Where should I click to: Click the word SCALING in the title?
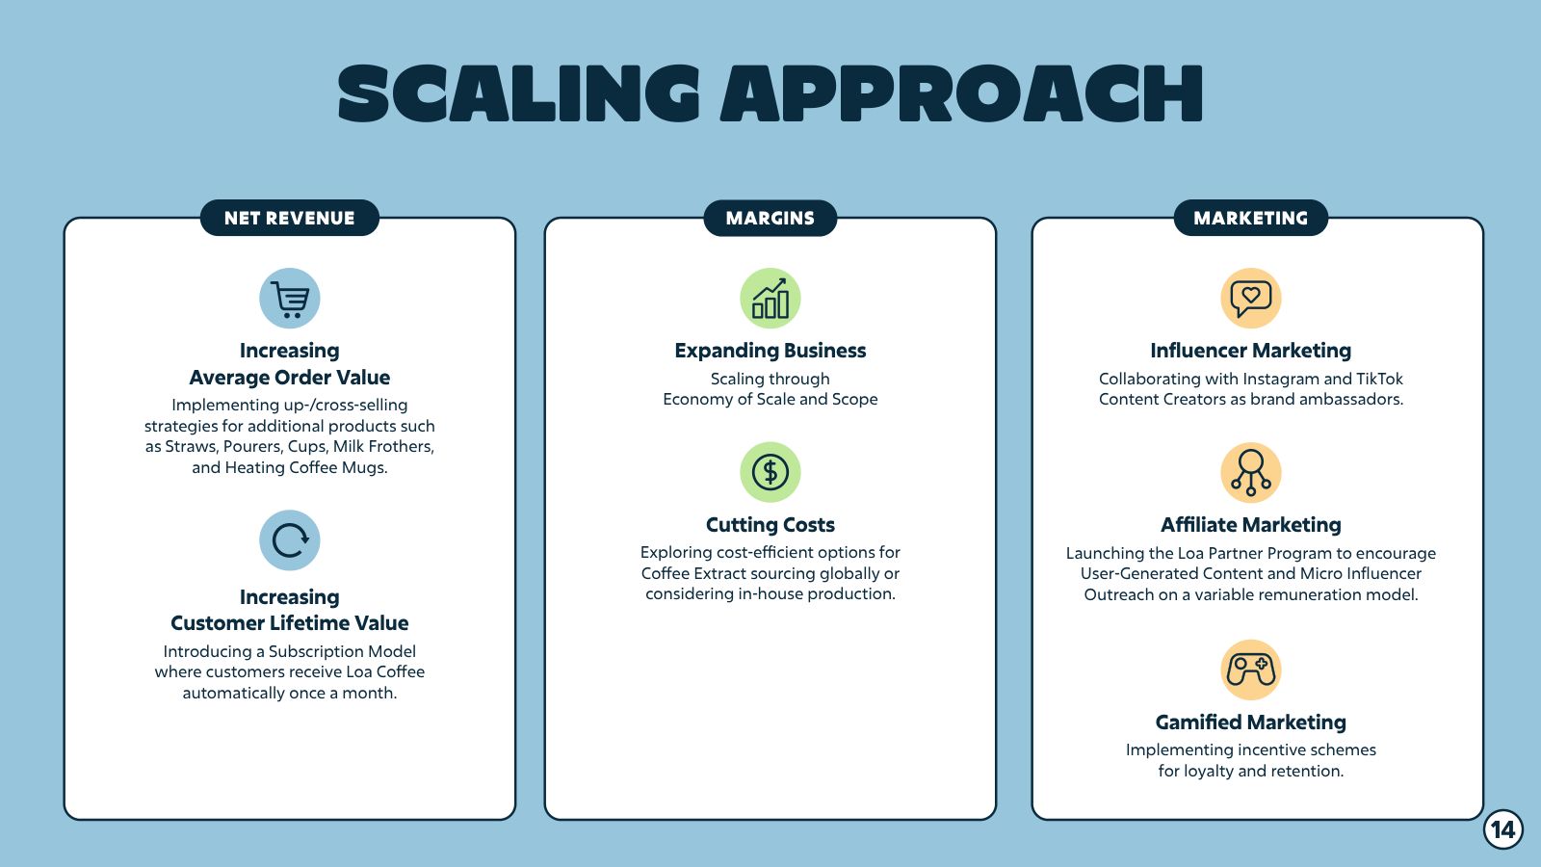519,93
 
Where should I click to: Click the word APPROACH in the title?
962,93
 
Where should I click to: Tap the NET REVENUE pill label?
290,218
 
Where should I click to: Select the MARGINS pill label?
770,218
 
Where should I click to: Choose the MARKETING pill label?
1251,218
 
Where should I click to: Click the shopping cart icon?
290,299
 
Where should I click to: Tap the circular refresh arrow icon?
290,540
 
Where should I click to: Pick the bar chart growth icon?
770,299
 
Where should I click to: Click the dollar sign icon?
770,472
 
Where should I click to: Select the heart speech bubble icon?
1251,299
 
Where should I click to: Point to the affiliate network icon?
1251,473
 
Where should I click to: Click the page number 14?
1503,829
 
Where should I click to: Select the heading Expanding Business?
770,351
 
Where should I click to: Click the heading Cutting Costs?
770,525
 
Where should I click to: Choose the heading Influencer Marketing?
1251,351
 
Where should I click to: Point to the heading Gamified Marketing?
1251,722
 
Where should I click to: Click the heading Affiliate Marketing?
1251,525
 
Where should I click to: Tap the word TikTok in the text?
1379,380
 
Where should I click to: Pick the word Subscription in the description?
315,652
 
